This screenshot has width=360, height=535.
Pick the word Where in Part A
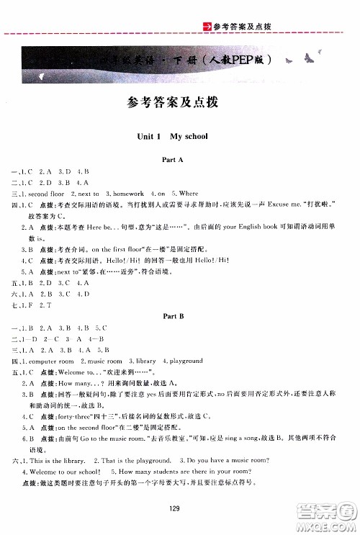click(189, 194)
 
